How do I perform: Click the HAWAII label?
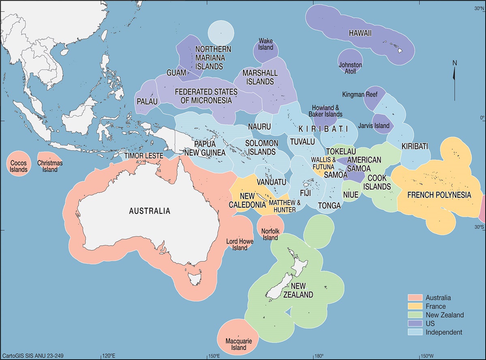pyautogui.click(x=360, y=34)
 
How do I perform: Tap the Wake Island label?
pyautogui.click(x=266, y=44)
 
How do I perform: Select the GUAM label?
pyautogui.click(x=176, y=73)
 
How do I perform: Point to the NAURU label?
pyautogui.click(x=259, y=127)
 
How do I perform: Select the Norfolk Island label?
pyautogui.click(x=270, y=234)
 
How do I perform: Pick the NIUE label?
pyautogui.click(x=351, y=195)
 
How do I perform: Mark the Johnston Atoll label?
pyautogui.click(x=350, y=68)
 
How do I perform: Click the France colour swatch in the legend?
pyautogui.click(x=415, y=307)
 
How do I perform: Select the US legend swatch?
pyautogui.click(x=415, y=324)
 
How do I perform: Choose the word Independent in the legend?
pyautogui.click(x=443, y=332)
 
